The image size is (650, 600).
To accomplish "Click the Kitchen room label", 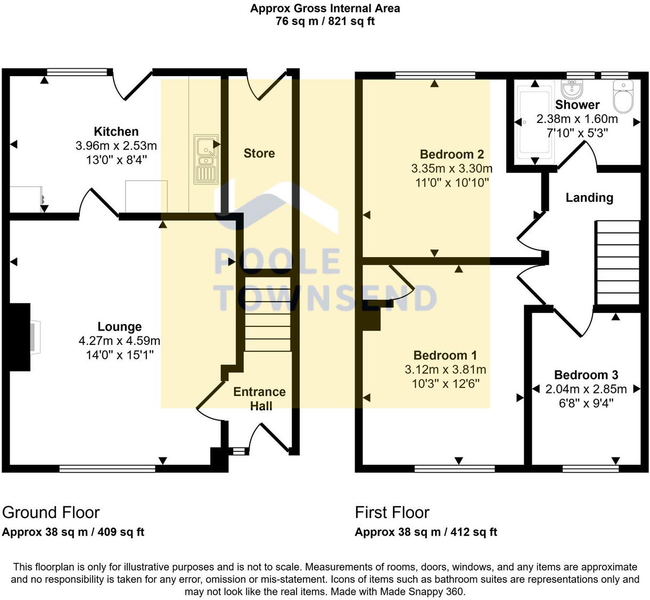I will (x=116, y=131).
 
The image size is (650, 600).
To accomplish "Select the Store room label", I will (x=259, y=153).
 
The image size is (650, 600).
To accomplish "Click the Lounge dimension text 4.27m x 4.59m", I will (x=119, y=341).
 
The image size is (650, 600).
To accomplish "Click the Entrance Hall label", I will (x=260, y=399).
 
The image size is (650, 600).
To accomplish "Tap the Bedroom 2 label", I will (x=451, y=154).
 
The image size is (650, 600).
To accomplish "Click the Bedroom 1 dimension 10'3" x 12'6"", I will (x=445, y=383).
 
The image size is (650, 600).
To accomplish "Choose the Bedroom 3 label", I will (x=586, y=375).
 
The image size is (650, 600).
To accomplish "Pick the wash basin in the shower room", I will (x=573, y=89).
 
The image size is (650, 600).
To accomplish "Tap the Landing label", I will (x=589, y=198).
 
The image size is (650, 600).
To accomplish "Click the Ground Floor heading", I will (x=51, y=512).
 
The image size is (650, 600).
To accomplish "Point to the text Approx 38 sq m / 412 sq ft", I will (x=426, y=532).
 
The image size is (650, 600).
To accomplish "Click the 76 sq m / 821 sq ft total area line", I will (x=325, y=22).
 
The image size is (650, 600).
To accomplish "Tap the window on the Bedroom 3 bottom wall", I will (x=590, y=469).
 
